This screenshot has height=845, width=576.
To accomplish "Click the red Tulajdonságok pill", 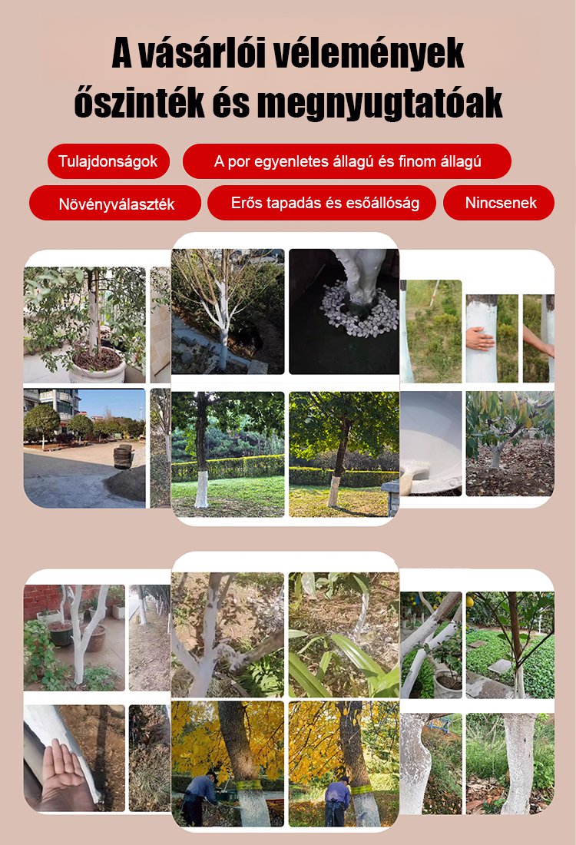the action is (108, 161).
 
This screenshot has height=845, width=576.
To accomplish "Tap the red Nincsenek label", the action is (499, 203).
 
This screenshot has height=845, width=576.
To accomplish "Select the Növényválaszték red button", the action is (115, 203).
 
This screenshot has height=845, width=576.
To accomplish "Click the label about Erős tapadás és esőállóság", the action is (322, 203).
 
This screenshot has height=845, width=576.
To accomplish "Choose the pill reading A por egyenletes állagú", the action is (346, 161).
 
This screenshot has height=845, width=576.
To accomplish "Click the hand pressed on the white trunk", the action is (479, 338).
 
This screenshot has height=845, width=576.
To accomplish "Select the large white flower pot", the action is (97, 366).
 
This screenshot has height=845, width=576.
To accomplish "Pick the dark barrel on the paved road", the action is (124, 457).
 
